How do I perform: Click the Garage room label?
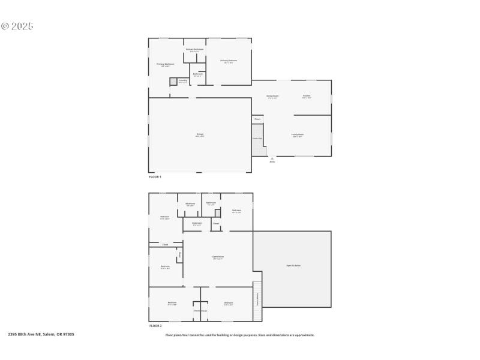[200, 134]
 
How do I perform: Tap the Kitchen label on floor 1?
[307, 96]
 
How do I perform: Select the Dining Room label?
[272, 97]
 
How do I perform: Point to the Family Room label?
[298, 135]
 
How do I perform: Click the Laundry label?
[183, 80]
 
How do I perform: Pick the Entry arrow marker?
[272, 158]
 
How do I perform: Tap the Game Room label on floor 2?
[218, 257]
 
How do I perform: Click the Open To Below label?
[293, 265]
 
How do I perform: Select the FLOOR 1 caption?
[155, 177]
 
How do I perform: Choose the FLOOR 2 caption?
[155, 325]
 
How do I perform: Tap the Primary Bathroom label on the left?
[166, 64]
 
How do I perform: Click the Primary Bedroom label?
[229, 61]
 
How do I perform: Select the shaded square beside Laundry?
[173, 81]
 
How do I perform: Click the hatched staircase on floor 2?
[258, 294]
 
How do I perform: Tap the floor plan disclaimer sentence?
[240, 335]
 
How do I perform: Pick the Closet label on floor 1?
[257, 119]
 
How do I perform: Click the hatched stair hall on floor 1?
[258, 141]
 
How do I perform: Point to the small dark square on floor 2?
[218, 213]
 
